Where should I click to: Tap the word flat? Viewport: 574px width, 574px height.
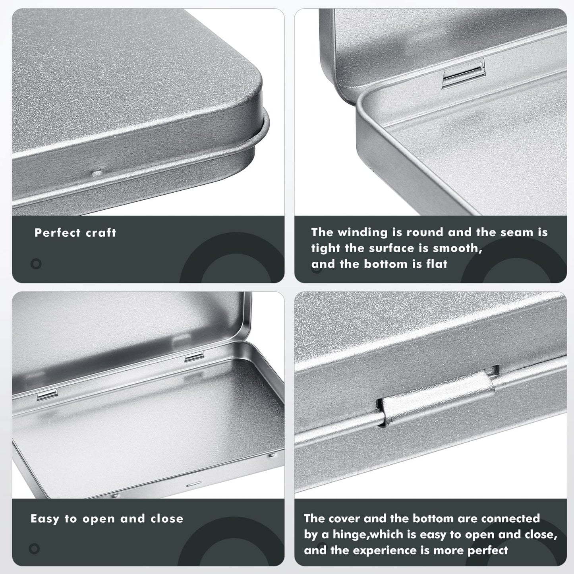(x=437, y=264)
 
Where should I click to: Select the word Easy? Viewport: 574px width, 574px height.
(x=45, y=518)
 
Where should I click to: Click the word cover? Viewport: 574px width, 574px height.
(x=344, y=518)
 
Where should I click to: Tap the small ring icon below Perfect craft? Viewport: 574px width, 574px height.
(x=36, y=264)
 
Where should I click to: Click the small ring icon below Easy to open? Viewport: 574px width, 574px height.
(x=35, y=549)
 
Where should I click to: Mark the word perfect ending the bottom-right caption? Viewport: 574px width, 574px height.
(x=487, y=550)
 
